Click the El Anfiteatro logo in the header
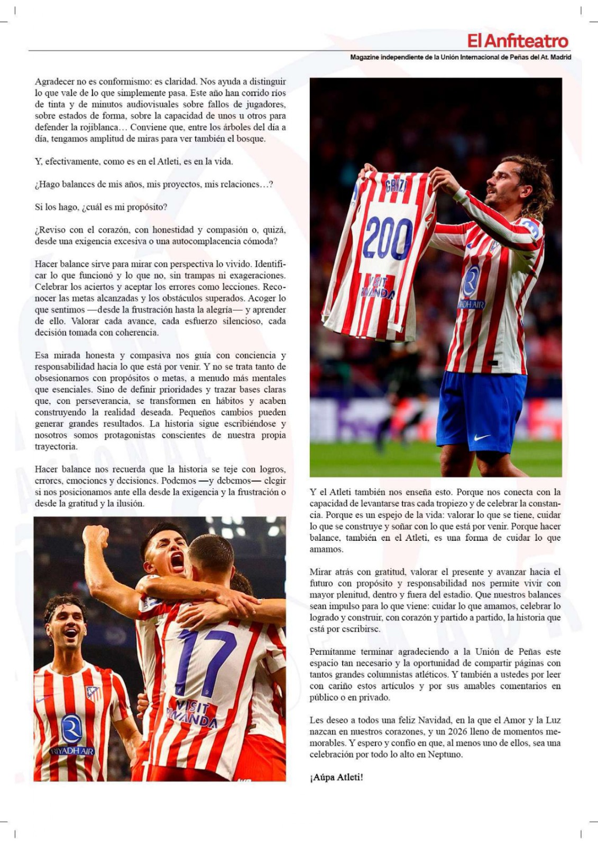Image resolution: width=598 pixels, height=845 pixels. (x=518, y=41)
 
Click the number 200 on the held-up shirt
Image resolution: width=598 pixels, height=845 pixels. (x=388, y=239)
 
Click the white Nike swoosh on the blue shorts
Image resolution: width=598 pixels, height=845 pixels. (x=482, y=437)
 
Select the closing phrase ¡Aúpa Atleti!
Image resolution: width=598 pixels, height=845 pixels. (x=336, y=777)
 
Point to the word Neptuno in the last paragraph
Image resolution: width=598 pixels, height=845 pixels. (x=446, y=754)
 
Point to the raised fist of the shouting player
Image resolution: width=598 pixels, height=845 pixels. (x=95, y=536)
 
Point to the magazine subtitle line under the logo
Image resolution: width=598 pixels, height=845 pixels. (x=460, y=57)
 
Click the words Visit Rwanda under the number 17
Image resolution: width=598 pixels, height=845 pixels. (x=192, y=713)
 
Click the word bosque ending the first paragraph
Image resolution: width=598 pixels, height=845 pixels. (x=252, y=139)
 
